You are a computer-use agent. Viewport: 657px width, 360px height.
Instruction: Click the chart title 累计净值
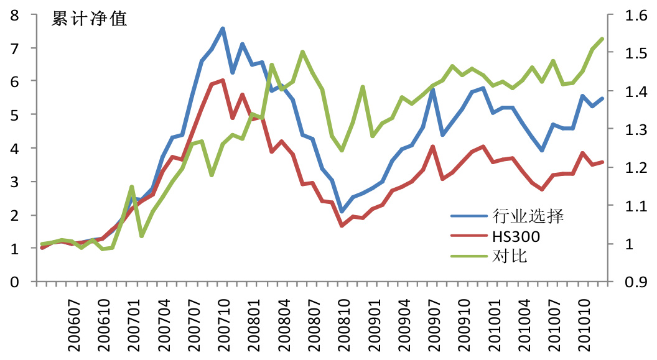[x=90, y=19]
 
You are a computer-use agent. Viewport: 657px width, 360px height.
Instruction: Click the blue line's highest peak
[x=222, y=28]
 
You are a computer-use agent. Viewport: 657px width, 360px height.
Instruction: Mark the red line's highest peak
[x=222, y=80]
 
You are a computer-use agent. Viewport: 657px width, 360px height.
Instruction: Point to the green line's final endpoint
[x=602, y=39]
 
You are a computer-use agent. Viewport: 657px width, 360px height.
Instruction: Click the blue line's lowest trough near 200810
[x=342, y=211]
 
